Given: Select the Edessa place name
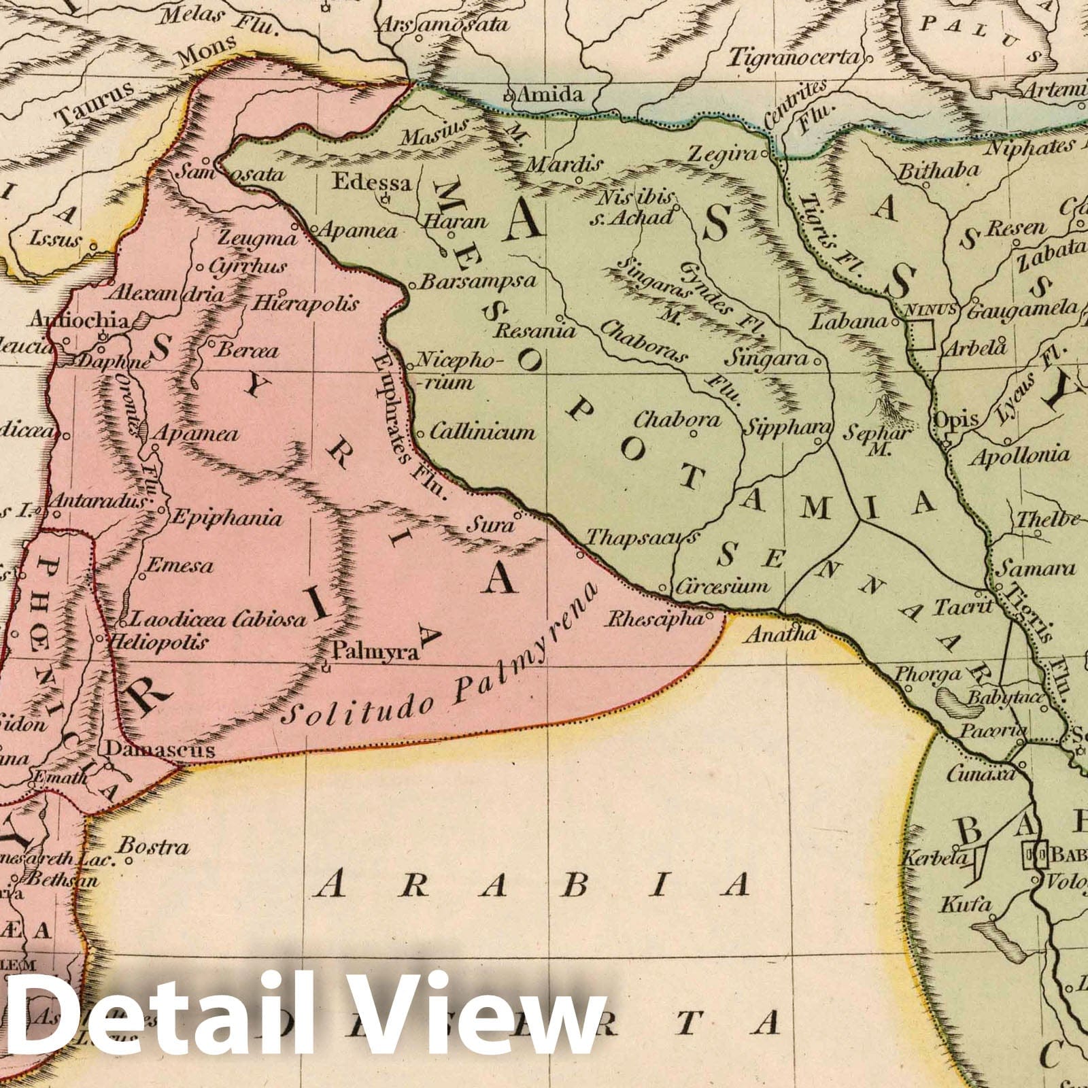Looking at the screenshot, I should pos(372,182).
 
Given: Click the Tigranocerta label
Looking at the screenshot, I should pos(794,58).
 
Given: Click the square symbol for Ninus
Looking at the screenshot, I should pos(921,335).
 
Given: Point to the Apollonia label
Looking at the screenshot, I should pos(1019,455).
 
